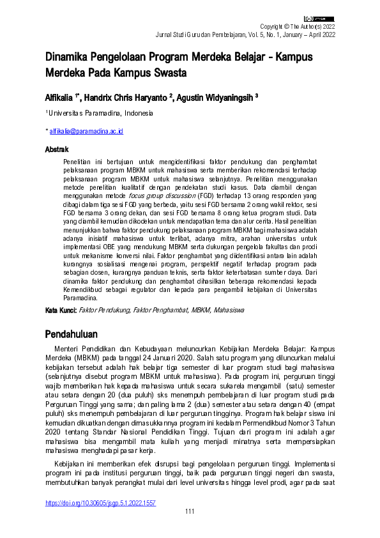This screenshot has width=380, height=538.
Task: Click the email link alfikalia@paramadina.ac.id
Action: pyautogui.click(x=87, y=131)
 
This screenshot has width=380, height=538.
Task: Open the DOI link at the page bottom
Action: pyautogui.click(x=100, y=503)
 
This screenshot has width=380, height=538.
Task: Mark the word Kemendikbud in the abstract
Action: pyautogui.click(x=86, y=289)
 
